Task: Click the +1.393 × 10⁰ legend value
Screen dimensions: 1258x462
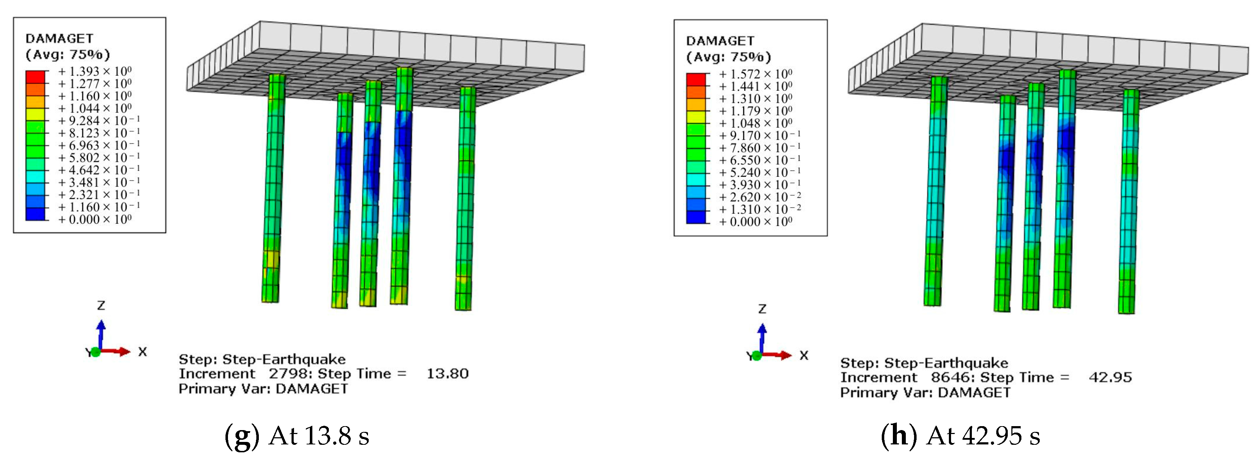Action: [x=95, y=71]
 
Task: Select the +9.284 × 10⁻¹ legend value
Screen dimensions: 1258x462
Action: [x=99, y=121]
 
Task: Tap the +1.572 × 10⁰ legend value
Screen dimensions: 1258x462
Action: [x=756, y=74]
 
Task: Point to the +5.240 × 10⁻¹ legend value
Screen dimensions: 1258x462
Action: [x=760, y=172]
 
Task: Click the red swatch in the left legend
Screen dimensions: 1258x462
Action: [x=35, y=77]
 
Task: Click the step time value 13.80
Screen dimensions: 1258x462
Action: [x=447, y=374]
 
